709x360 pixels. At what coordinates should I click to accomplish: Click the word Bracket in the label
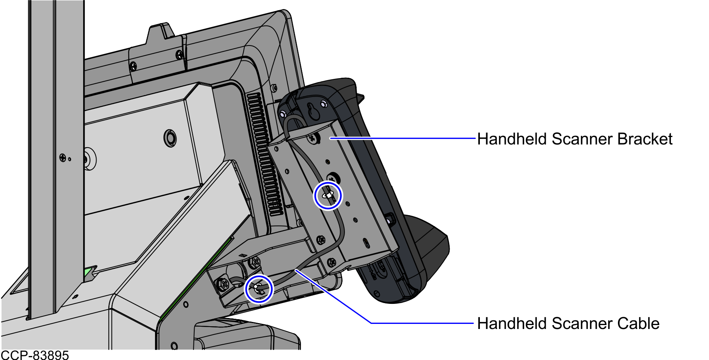(645, 139)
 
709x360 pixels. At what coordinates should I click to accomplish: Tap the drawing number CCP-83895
(35, 355)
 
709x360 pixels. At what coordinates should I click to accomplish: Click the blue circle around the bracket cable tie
(328, 196)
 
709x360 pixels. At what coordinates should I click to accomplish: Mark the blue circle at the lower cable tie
(259, 289)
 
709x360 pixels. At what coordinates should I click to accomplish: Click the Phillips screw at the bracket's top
(313, 138)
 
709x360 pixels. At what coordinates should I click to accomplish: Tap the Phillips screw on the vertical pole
(63, 158)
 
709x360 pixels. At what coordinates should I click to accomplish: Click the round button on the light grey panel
(170, 138)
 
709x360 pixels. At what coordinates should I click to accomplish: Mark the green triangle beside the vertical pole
(89, 274)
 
